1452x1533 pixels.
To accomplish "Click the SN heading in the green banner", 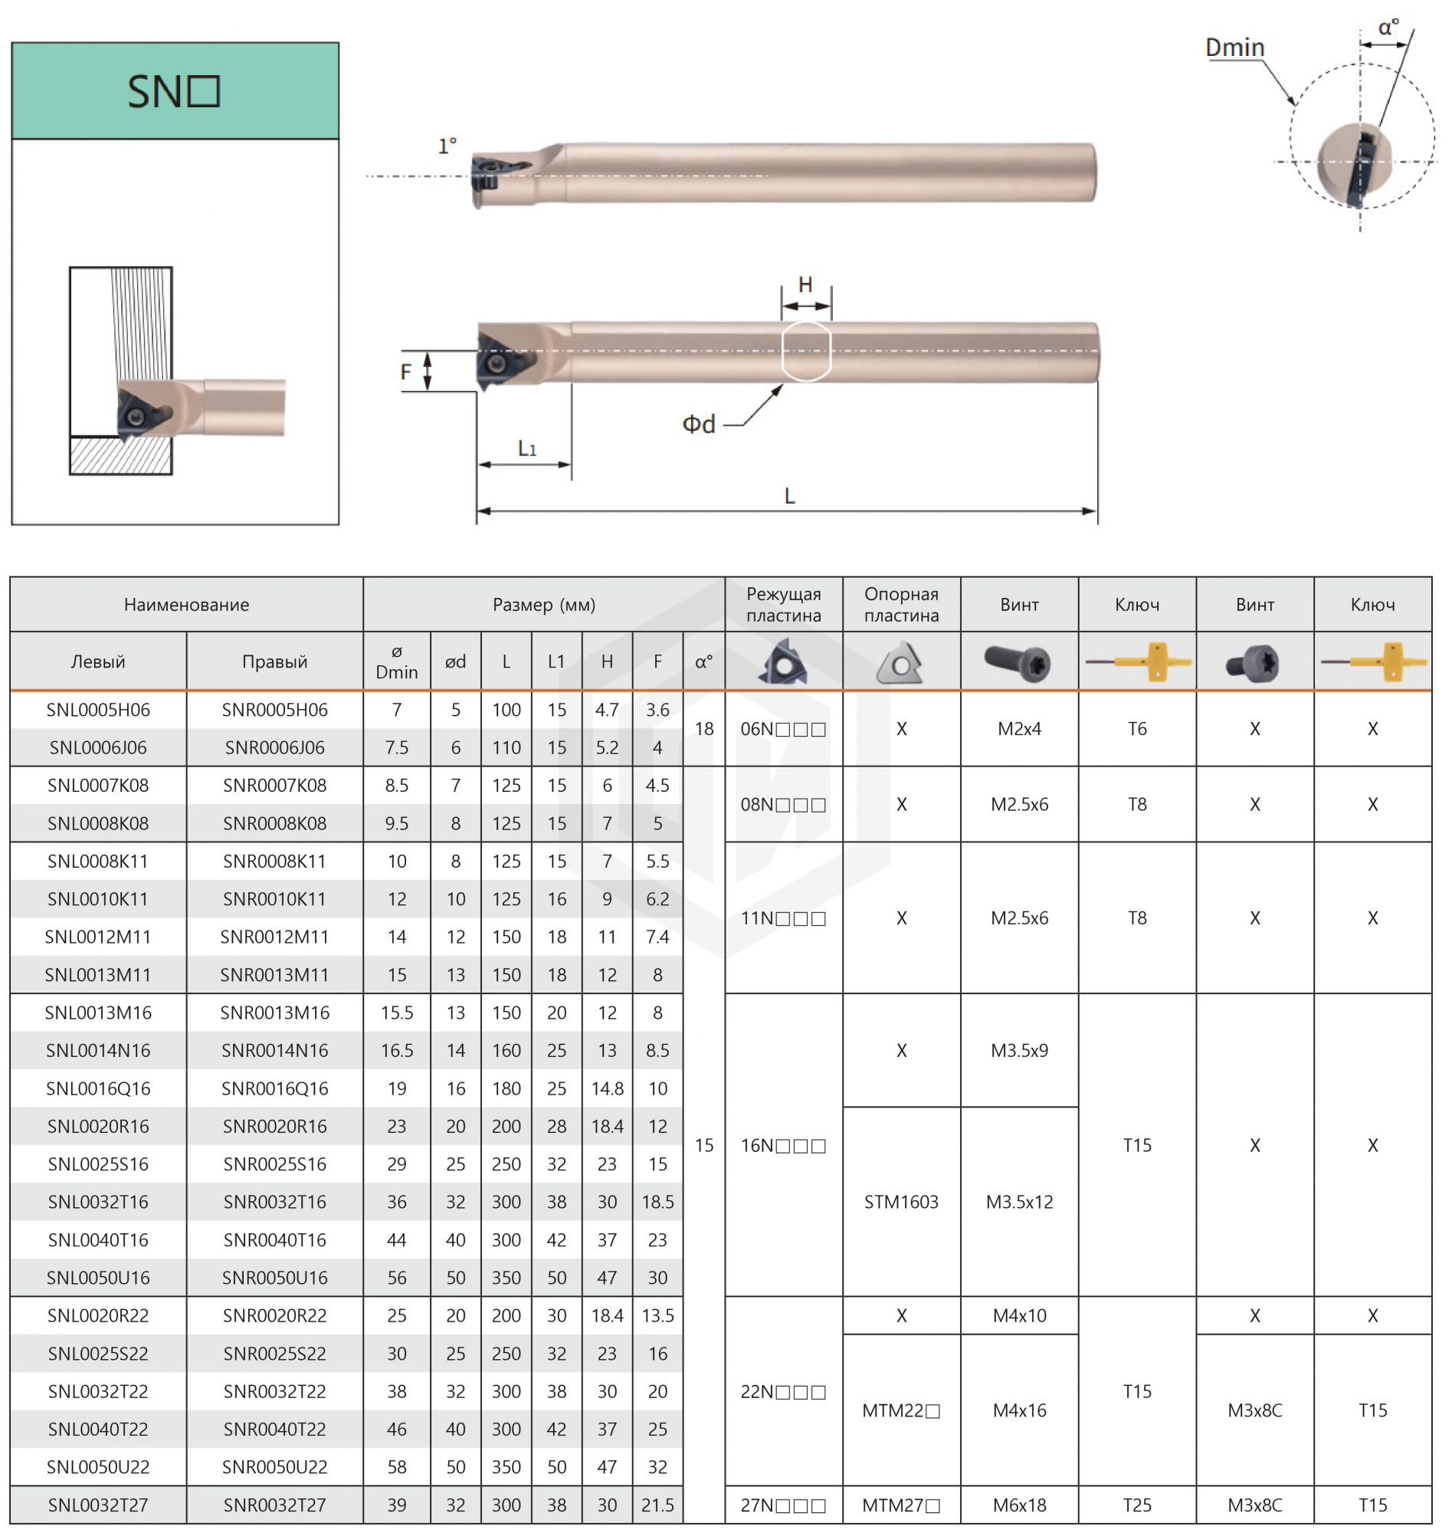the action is click(174, 91).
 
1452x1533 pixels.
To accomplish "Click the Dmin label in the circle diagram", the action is click(1235, 48).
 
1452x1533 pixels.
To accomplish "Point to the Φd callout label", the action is click(699, 425).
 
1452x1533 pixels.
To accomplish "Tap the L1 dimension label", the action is click(527, 448).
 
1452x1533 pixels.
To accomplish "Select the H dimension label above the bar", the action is click(806, 285).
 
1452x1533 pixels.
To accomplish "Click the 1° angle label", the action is click(447, 146).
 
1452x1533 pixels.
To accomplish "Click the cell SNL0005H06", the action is click(98, 710).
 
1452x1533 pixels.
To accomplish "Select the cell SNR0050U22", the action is click(275, 1467).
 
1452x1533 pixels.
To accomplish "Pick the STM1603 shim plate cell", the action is click(902, 1203).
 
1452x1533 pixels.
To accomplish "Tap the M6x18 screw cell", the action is click(1019, 1505).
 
